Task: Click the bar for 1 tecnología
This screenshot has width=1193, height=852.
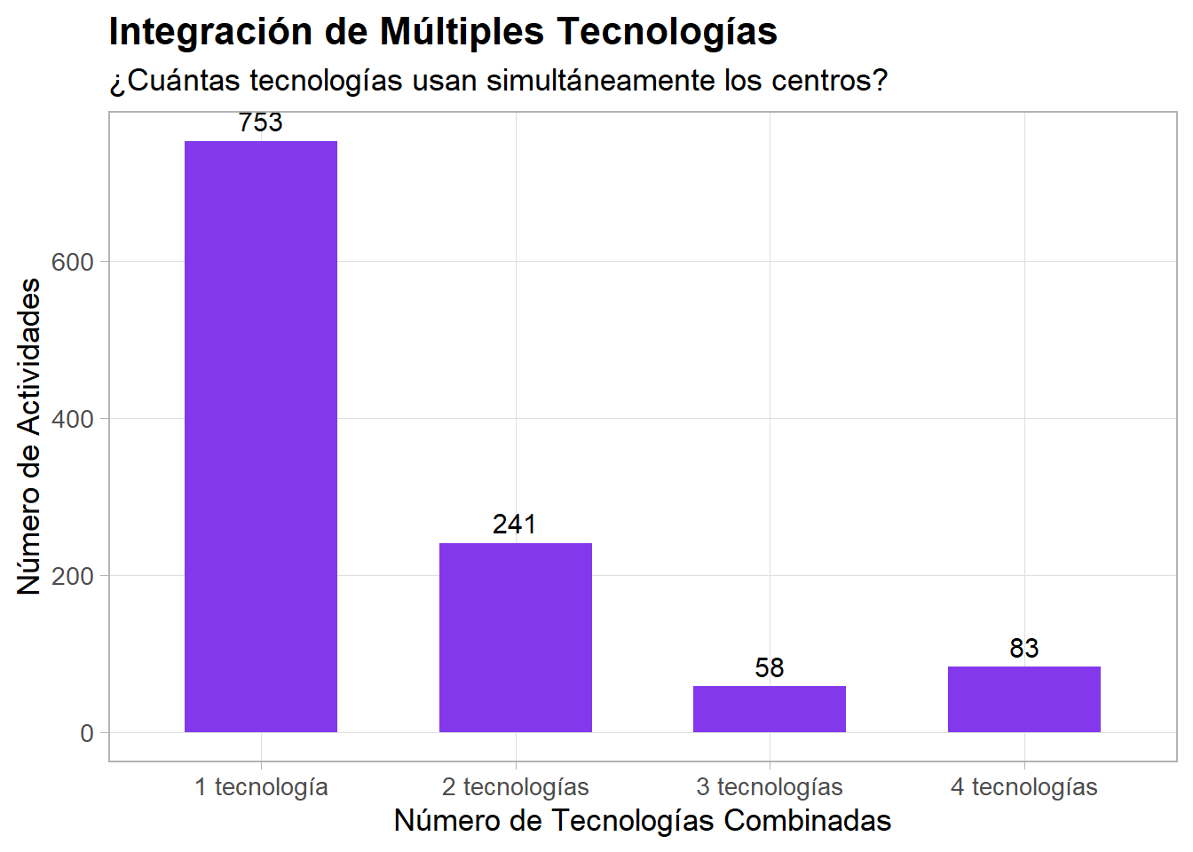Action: tap(261, 436)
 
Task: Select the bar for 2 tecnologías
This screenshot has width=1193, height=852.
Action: tap(515, 637)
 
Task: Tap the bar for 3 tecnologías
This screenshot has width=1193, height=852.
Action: tap(770, 709)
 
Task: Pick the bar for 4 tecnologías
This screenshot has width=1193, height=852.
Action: tap(1023, 699)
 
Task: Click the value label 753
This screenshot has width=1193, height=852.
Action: tap(261, 122)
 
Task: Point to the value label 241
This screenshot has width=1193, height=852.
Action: tap(515, 525)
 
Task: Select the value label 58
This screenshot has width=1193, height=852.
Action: tap(770, 667)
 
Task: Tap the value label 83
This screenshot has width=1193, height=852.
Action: tap(1023, 649)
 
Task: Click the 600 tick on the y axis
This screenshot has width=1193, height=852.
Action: tap(73, 262)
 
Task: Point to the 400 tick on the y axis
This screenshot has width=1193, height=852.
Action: tap(73, 419)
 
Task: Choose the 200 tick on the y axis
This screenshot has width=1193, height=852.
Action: tap(73, 576)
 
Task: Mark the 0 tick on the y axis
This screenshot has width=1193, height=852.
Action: tap(87, 733)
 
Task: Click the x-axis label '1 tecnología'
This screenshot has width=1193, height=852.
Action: tap(261, 787)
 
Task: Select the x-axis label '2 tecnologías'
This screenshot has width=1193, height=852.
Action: tap(515, 787)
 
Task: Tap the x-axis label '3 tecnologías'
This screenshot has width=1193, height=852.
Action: tap(770, 787)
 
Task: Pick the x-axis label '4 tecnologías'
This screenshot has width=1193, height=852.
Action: tap(1023, 787)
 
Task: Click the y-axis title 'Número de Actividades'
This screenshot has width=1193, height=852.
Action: tap(29, 436)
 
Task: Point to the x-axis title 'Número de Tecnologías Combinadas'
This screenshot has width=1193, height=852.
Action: tap(643, 821)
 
